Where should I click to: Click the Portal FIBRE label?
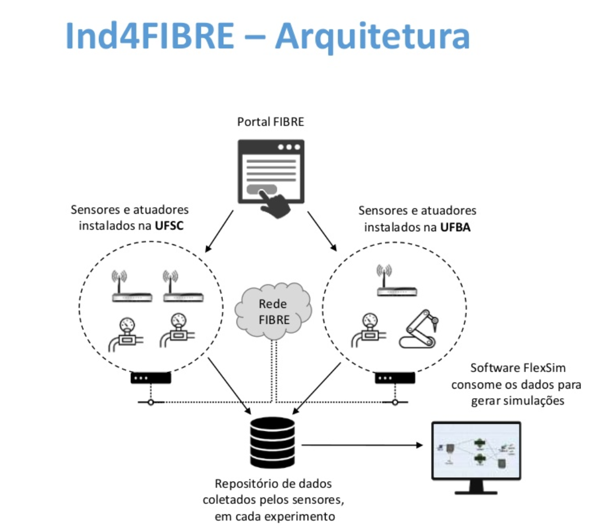click(271, 122)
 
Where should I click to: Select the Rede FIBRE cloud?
click(273, 311)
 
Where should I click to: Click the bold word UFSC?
click(172, 226)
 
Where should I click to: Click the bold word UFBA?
click(457, 227)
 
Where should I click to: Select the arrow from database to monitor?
click(364, 444)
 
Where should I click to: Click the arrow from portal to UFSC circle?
click(219, 231)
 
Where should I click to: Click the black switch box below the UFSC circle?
click(151, 378)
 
